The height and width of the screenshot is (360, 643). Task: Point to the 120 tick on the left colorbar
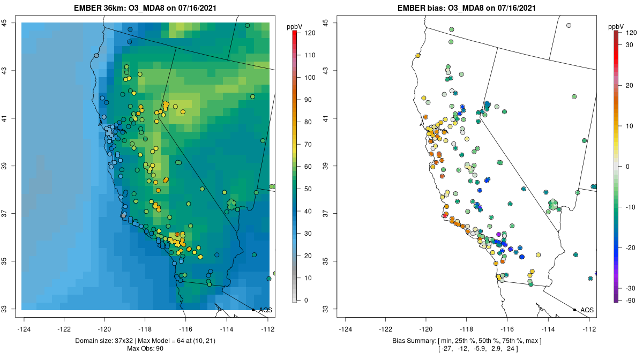tap(309, 33)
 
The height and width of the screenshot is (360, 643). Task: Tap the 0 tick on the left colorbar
tap(306, 300)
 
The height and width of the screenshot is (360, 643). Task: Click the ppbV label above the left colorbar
tap(295, 26)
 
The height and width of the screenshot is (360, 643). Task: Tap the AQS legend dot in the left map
tap(253, 310)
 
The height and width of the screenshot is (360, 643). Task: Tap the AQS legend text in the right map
tap(587, 310)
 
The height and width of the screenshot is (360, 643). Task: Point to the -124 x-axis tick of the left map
tap(24, 329)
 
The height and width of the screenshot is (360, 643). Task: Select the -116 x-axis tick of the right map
tap(507, 329)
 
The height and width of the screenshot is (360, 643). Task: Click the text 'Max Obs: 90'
tap(145, 349)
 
